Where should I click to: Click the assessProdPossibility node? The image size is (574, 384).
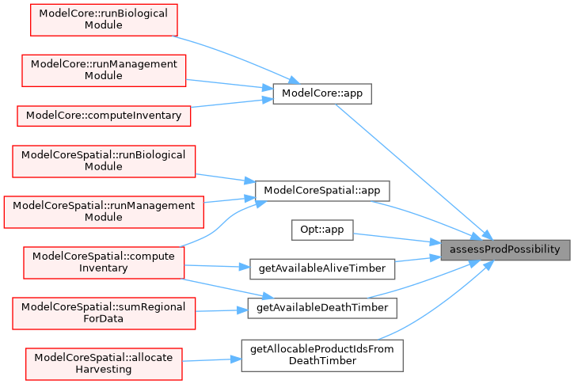point(505,249)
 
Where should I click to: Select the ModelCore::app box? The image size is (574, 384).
point(321,93)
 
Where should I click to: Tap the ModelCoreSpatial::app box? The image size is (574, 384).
point(321,191)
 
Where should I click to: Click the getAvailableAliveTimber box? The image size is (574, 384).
point(321,268)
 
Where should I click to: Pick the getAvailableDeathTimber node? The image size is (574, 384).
point(321,306)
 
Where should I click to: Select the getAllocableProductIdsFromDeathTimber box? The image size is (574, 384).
point(322,355)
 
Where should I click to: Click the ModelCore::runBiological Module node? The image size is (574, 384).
point(104,19)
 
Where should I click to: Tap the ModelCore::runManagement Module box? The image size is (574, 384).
point(104,70)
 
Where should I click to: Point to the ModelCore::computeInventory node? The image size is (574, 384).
point(104,115)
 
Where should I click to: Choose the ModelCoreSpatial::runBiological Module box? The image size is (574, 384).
point(104,162)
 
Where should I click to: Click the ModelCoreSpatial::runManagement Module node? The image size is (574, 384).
point(104,211)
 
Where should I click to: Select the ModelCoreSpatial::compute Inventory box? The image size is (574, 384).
point(104,262)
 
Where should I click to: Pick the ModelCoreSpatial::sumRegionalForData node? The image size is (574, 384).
point(104,313)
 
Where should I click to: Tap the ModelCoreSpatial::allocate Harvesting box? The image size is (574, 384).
point(104,363)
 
